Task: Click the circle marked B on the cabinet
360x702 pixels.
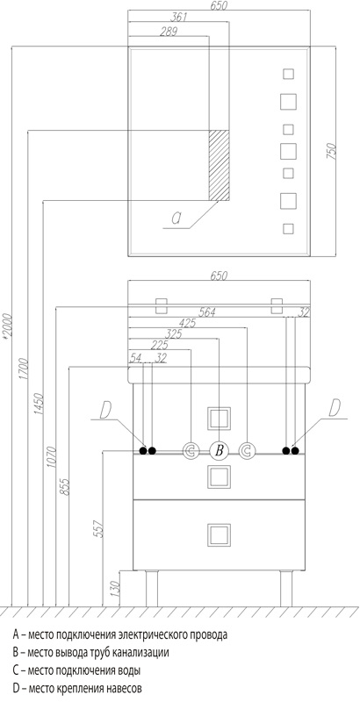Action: click(x=219, y=450)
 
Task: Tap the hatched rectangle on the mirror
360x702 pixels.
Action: click(x=219, y=166)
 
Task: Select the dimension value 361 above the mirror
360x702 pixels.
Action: click(x=178, y=18)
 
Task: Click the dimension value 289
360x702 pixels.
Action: click(x=169, y=32)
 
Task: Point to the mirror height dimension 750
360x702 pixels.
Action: click(x=332, y=151)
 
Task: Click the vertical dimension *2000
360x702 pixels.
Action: click(x=7, y=326)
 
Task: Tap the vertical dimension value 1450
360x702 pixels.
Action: click(x=38, y=404)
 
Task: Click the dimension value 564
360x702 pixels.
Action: click(x=207, y=312)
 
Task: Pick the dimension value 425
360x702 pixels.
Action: click(x=187, y=323)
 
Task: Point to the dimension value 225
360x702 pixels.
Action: click(x=160, y=345)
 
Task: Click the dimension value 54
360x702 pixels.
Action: click(x=135, y=357)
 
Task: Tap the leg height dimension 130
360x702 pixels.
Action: click(x=115, y=589)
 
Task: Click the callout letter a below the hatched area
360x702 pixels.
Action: click(x=176, y=218)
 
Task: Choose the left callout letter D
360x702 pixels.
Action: click(x=105, y=410)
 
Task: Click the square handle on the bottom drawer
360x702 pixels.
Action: click(x=219, y=535)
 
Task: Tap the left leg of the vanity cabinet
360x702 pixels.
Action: click(x=152, y=588)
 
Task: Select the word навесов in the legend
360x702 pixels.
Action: click(x=125, y=688)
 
